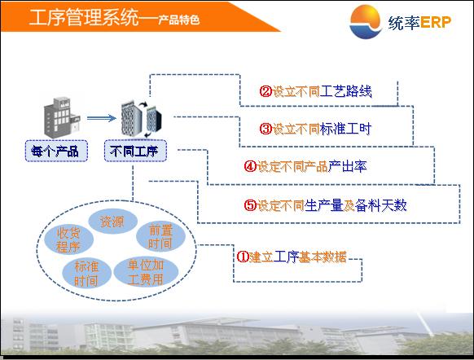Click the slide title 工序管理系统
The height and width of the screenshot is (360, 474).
click(84, 17)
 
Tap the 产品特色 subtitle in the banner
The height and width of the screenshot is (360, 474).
click(179, 20)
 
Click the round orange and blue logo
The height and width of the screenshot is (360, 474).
click(365, 22)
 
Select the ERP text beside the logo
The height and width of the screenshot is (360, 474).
click(436, 22)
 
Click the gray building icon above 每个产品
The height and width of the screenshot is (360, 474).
click(62, 117)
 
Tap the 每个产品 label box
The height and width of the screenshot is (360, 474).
click(56, 151)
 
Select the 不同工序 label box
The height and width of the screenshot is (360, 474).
click(135, 151)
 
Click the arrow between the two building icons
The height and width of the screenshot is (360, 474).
click(102, 118)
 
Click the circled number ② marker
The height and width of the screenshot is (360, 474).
click(266, 91)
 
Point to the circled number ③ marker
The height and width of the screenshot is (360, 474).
click(266, 129)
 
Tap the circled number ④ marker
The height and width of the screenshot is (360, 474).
click(250, 166)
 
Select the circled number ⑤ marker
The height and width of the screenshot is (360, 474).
click(250, 205)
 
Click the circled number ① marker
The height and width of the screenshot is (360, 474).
click(243, 257)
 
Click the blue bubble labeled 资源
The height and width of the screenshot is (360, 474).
click(112, 222)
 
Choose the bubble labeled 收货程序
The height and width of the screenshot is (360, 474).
click(68, 239)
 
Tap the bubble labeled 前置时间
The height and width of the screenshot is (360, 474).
click(160, 236)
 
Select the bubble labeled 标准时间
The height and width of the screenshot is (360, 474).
click(86, 274)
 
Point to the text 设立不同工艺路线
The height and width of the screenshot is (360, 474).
click(323, 91)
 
